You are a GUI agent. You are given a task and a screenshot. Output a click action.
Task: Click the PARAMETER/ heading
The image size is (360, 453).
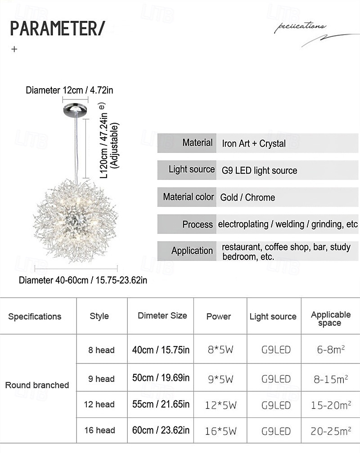(57, 28)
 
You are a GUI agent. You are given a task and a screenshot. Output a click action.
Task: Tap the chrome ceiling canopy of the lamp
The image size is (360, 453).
(75, 109)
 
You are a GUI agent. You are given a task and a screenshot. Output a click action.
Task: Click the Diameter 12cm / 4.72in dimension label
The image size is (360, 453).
(69, 90)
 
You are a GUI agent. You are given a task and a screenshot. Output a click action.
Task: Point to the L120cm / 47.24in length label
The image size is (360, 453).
(103, 140)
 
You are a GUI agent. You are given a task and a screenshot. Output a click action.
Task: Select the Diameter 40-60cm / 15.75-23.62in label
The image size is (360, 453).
(83, 280)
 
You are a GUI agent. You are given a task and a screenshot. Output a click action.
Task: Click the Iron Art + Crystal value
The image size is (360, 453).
(254, 144)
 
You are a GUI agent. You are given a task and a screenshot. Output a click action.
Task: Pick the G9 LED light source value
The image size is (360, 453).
(259, 170)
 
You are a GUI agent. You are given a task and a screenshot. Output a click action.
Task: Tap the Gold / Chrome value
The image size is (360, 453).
(247, 197)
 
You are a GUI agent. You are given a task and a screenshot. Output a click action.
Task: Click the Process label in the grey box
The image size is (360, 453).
(198, 224)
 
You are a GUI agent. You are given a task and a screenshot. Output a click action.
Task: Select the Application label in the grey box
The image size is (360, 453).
(192, 251)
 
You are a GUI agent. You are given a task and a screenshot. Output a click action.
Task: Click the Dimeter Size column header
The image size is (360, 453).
(162, 315)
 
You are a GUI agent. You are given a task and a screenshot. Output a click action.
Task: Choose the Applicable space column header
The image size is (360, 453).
(331, 318)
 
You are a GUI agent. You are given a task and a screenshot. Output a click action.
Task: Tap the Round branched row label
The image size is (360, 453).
(37, 385)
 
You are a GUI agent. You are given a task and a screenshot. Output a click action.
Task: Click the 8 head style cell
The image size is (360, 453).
(101, 350)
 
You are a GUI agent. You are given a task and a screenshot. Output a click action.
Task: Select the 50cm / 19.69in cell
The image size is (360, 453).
(161, 377)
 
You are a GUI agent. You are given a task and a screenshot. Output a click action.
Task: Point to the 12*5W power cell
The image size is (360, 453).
(221, 405)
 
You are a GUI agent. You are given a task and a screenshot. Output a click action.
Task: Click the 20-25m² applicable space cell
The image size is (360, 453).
(331, 431)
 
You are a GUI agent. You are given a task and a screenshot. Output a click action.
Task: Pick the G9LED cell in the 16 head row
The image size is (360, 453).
(276, 431)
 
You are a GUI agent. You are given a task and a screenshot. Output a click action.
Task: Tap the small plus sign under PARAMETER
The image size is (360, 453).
(14, 49)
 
